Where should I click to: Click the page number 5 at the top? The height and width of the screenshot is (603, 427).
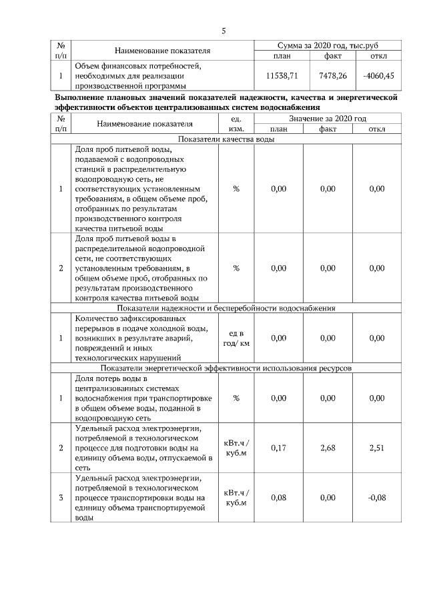[224, 31]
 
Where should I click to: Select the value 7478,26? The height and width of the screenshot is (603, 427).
[333, 76]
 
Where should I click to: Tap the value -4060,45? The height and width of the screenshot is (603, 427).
[378, 76]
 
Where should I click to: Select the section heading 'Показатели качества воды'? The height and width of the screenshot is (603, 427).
[226, 139]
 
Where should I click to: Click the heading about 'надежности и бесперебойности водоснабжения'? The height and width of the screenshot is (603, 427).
[226, 308]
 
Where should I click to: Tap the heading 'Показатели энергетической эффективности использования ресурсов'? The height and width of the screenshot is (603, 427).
[226, 368]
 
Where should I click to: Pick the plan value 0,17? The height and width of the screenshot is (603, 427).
[279, 448]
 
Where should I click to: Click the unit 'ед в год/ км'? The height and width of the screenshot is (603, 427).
[236, 338]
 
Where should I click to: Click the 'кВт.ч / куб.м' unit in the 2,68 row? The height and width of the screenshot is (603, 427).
[236, 448]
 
